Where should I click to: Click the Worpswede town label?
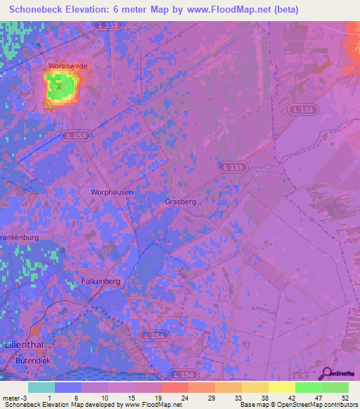point(67,66)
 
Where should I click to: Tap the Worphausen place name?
point(112,191)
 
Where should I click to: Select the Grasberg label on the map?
point(180,202)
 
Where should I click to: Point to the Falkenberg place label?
point(102,281)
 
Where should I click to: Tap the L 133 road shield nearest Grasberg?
point(231,167)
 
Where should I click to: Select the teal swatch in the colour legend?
point(41,387)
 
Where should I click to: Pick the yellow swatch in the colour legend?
point(282,387)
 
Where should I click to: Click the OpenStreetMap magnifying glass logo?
point(327,373)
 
